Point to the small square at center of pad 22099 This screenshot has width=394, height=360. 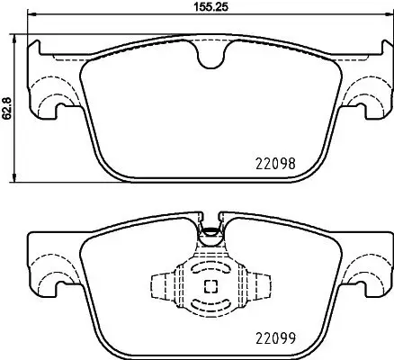pyautogui.click(x=210, y=287)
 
